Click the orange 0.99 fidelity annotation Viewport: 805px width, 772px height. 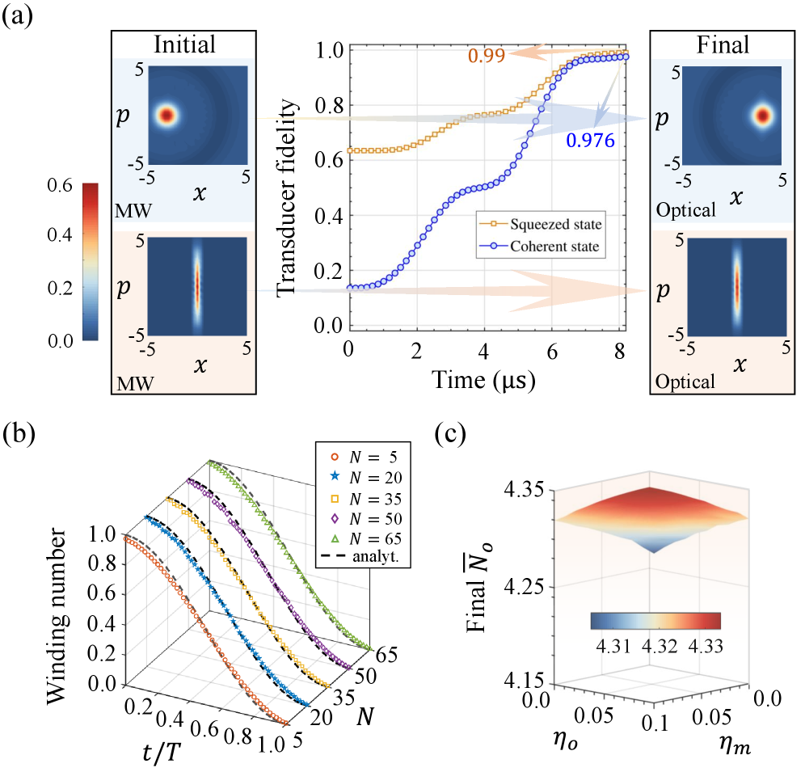pos(488,56)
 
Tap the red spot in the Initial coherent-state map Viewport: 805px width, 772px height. pos(166,116)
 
